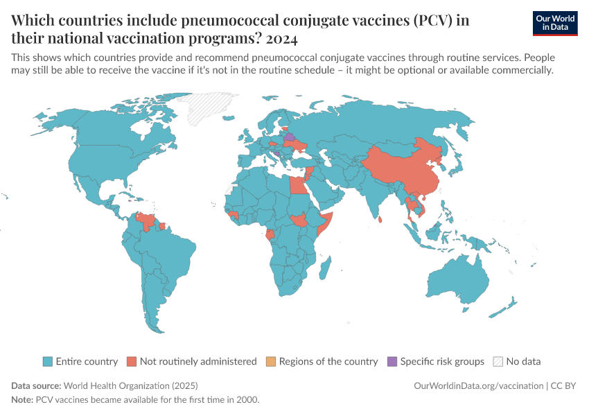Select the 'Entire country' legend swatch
(48, 361)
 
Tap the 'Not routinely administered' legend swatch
(132, 361)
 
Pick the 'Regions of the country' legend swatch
(271, 361)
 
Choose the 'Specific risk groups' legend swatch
(393, 361)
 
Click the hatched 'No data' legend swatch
(498, 361)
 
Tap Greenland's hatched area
(208, 107)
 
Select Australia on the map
(457, 281)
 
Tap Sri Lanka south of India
(382, 220)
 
